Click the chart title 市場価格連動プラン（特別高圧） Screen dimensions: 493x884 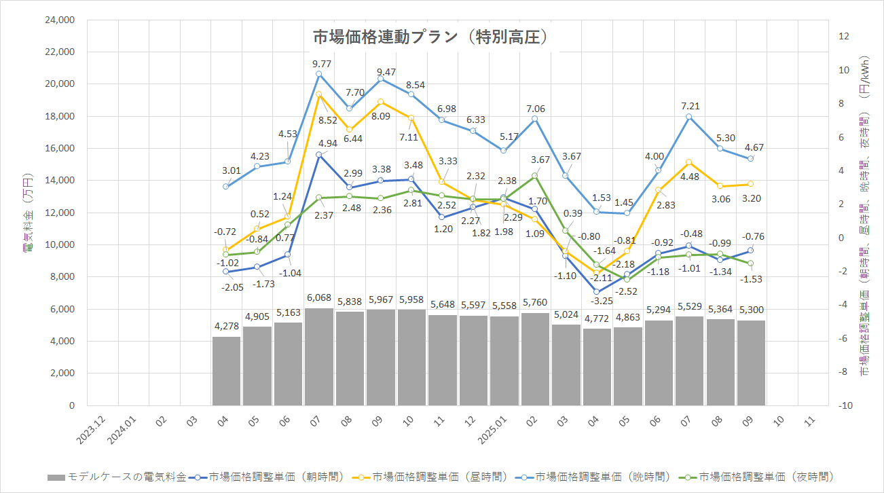coord(430,37)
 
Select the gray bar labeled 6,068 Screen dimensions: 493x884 coord(319,357)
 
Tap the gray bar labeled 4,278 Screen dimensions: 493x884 coord(227,371)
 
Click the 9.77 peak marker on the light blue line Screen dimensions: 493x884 coord(319,74)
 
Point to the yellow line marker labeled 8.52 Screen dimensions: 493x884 coord(319,94)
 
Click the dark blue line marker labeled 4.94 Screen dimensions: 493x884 coord(319,155)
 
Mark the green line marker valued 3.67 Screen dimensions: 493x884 coord(534,176)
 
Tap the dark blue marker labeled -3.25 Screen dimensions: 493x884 coord(596,292)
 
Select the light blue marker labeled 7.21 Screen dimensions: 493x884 coord(688,117)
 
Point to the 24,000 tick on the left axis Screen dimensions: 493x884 coord(58,20)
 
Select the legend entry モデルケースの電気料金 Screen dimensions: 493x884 coord(117,477)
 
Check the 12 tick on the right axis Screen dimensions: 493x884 coord(844,37)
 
